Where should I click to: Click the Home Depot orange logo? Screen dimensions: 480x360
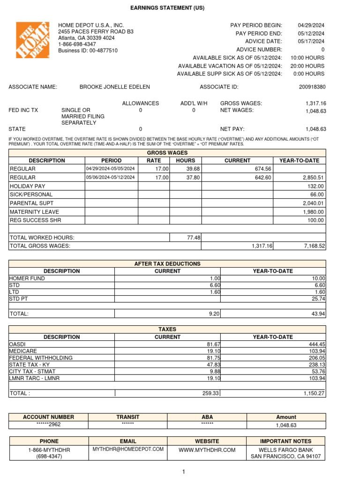[x=33, y=40]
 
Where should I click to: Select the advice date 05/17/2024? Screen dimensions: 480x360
[x=311, y=41]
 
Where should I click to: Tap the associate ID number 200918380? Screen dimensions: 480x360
[x=312, y=87]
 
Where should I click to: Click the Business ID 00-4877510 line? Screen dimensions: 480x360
[x=88, y=51]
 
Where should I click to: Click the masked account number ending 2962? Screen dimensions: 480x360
[x=48, y=425]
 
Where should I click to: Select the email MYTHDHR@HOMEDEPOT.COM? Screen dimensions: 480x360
[x=128, y=449]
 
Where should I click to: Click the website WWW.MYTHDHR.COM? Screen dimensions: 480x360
[x=207, y=450]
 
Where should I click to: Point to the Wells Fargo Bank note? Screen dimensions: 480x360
[x=285, y=449]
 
